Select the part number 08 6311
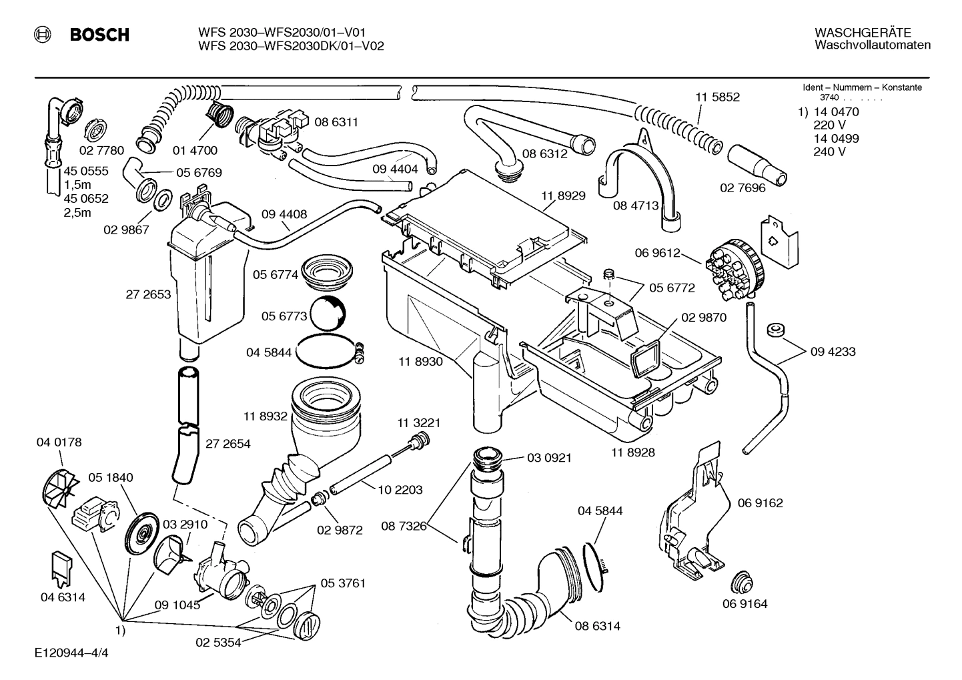click(336, 122)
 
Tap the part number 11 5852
click(717, 97)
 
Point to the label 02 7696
click(743, 188)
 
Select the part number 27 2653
click(148, 294)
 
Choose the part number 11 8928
click(632, 452)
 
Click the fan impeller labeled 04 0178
click(58, 491)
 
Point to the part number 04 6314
click(63, 597)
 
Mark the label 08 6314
click(598, 626)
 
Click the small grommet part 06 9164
click(740, 581)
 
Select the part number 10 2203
click(400, 489)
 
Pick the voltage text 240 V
click(829, 151)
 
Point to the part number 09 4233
click(833, 352)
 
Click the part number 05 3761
click(343, 583)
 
